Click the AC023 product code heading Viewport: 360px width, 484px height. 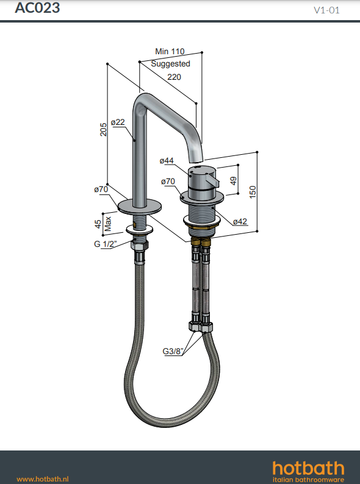point(37,8)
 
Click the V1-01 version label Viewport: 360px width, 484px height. point(326,10)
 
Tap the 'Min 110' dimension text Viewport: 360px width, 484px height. point(170,51)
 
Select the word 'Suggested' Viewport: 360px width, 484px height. point(171,64)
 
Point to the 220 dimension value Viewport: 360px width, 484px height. point(174,77)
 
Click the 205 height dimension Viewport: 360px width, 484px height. point(103,129)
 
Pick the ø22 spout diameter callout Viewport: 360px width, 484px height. point(118,123)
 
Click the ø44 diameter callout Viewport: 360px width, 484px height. point(167,161)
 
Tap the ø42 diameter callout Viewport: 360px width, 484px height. point(240,221)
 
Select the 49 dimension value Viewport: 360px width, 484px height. point(233,180)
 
